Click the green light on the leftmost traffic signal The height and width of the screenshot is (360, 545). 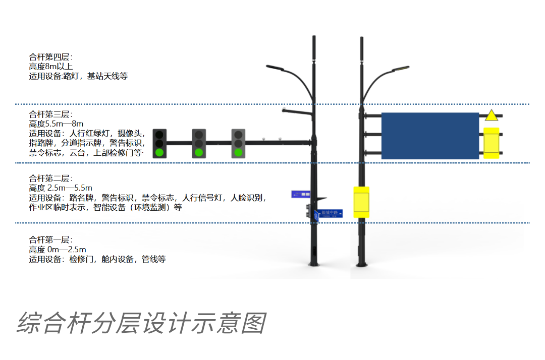[x=159, y=152]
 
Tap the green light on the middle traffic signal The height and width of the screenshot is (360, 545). [x=199, y=152]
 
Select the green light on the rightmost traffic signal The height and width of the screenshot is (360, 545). [x=238, y=152]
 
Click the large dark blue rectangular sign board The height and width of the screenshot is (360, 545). [x=429, y=136]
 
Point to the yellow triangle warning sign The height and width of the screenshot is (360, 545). [x=491, y=115]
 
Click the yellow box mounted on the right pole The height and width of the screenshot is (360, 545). [x=361, y=202]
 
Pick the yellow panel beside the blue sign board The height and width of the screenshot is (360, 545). [x=491, y=143]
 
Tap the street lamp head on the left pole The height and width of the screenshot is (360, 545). [x=275, y=67]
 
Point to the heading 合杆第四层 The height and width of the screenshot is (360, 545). [x=51, y=57]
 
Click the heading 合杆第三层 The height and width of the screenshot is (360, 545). [x=51, y=114]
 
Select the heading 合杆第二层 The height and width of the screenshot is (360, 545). [x=51, y=178]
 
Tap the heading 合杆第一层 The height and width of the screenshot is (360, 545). [x=51, y=240]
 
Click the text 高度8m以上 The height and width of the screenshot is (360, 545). [x=51, y=67]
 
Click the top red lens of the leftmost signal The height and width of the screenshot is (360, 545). [x=159, y=135]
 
